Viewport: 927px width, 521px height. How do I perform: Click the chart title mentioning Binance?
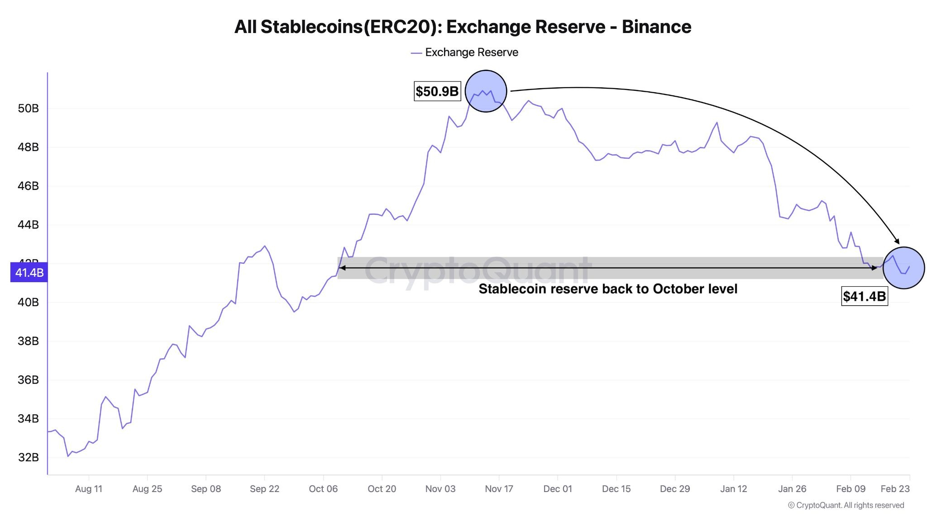click(x=463, y=27)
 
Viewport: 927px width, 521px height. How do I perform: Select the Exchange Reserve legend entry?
click(x=465, y=52)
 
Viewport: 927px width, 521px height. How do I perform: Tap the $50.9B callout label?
click(x=437, y=91)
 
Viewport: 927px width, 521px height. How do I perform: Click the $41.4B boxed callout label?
click(x=864, y=296)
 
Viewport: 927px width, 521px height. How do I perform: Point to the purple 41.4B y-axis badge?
click(x=29, y=273)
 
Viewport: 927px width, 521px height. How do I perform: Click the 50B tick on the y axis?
click(x=28, y=109)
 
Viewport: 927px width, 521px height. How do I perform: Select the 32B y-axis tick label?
click(x=28, y=457)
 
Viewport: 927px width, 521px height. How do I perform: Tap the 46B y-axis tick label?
click(x=28, y=186)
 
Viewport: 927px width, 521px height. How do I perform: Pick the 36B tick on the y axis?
click(x=28, y=380)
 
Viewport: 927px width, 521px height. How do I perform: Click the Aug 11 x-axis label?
click(x=89, y=489)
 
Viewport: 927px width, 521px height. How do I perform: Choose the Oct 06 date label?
click(x=323, y=489)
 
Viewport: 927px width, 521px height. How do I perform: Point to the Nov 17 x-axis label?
click(x=499, y=489)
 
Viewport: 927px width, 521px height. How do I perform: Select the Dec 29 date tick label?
click(x=675, y=489)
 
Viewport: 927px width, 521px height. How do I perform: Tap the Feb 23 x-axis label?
click(x=895, y=489)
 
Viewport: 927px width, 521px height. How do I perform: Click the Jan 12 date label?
click(x=734, y=489)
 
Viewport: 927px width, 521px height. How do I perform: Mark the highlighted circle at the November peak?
click(x=486, y=91)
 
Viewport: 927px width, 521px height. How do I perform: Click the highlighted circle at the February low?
click(x=903, y=268)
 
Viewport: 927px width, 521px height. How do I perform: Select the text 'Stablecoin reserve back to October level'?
click(x=608, y=289)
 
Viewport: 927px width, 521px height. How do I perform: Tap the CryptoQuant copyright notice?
click(x=846, y=505)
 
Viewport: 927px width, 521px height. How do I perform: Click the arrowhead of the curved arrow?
click(x=897, y=242)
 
